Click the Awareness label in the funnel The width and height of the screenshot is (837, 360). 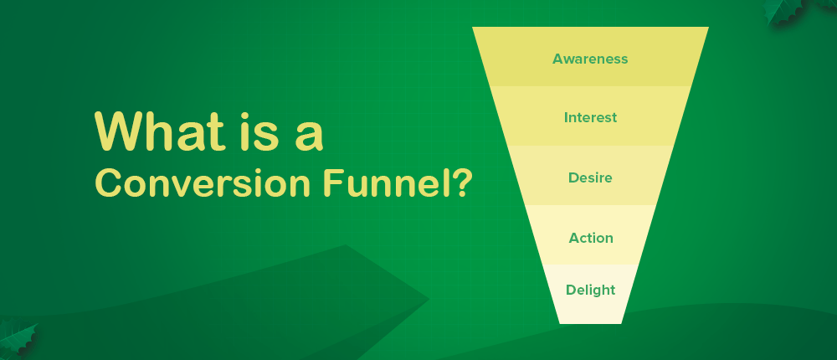[590, 59]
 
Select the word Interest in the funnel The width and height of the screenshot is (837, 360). [590, 117]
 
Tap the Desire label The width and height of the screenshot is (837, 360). [590, 177]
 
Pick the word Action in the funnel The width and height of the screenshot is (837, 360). [591, 238]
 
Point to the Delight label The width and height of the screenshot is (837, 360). [590, 291]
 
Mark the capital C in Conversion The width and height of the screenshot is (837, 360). [106, 183]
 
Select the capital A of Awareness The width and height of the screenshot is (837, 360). [558, 59]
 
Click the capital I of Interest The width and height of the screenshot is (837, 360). [567, 117]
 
